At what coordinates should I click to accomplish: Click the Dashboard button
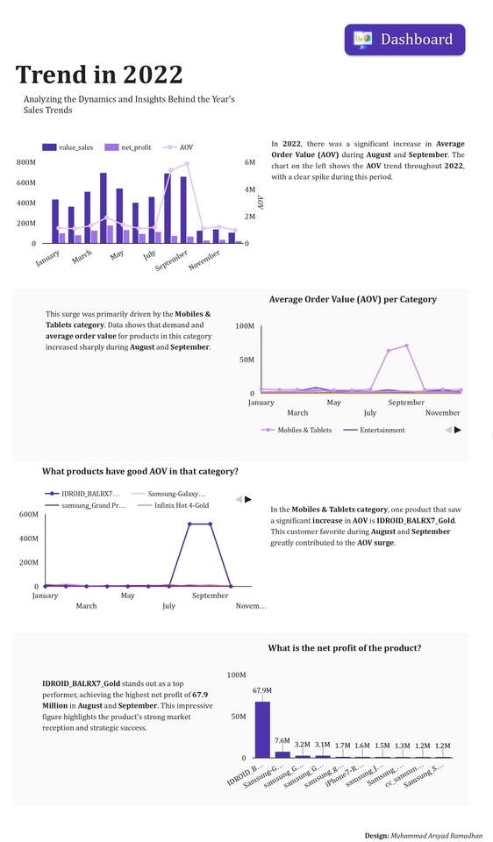(x=404, y=39)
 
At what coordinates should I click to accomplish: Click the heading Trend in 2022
(x=99, y=75)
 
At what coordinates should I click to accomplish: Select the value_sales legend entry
(x=68, y=147)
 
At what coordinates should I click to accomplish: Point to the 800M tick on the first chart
(x=26, y=162)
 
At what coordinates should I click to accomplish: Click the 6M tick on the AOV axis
(x=250, y=162)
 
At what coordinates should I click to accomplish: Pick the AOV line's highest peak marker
(x=187, y=163)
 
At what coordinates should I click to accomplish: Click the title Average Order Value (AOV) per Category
(x=353, y=299)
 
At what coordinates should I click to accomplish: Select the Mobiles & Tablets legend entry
(x=297, y=430)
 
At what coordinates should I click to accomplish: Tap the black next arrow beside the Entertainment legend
(x=457, y=430)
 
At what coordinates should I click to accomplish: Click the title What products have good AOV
(x=140, y=471)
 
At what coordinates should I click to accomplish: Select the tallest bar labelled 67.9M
(x=262, y=729)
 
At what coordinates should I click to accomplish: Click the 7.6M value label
(x=282, y=741)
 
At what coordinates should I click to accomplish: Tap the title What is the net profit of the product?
(x=344, y=647)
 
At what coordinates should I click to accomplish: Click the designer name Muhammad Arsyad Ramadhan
(x=436, y=836)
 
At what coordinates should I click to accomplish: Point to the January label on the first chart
(x=48, y=257)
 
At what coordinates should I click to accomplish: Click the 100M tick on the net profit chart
(x=237, y=674)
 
